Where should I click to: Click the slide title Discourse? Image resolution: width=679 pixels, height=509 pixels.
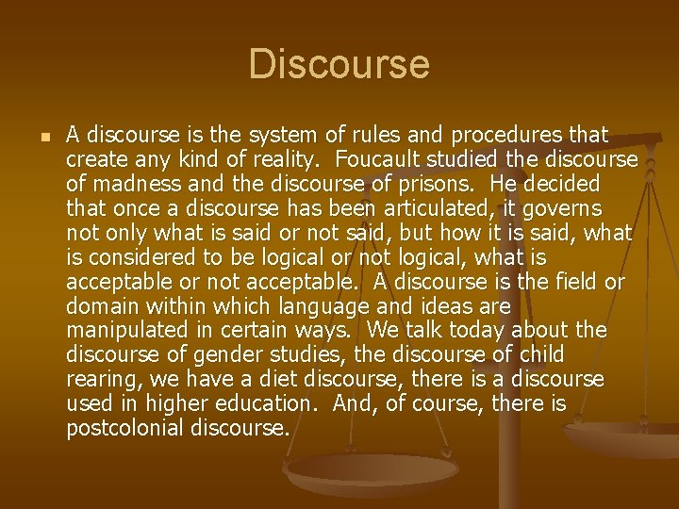(339, 64)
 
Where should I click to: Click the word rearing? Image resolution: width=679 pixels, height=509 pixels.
(99, 379)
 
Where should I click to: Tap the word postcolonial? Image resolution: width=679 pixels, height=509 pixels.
(124, 428)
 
